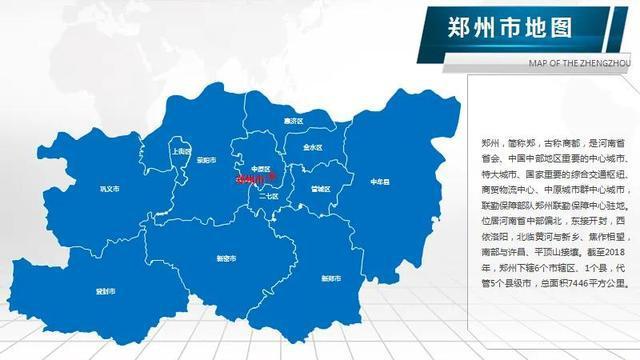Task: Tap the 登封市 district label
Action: pyautogui.click(x=105, y=291)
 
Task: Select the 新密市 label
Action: pyautogui.click(x=227, y=257)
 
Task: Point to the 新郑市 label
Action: pyautogui.click(x=330, y=277)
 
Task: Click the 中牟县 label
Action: pyautogui.click(x=379, y=182)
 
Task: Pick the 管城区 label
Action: pyautogui.click(x=320, y=188)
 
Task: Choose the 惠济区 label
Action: pyautogui.click(x=292, y=121)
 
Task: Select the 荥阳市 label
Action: pyautogui.click(x=207, y=159)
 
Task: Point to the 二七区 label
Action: pyautogui.click(x=268, y=197)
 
